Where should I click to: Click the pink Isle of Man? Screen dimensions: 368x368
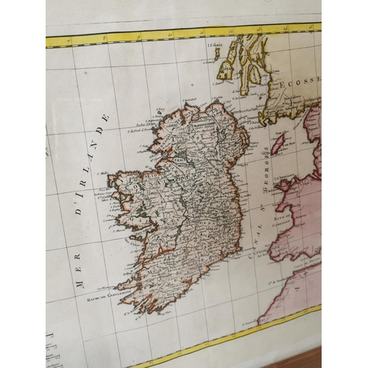280,144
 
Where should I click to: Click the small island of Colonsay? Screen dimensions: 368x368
217,53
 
